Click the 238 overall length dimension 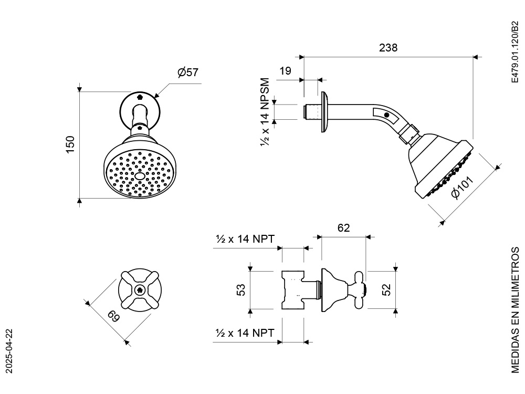[388, 47]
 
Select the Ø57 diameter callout [187, 72]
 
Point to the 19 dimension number [285, 71]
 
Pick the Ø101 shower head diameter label [463, 188]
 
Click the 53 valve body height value [240, 289]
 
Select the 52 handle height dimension [386, 290]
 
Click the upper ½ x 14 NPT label [244, 239]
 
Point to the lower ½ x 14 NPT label [244, 333]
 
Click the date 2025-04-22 [9, 351]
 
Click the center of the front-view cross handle [140, 289]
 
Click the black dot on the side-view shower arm [387, 115]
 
